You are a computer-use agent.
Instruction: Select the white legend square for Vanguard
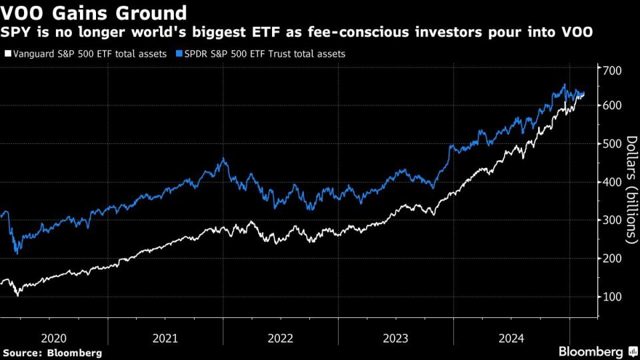(7, 53)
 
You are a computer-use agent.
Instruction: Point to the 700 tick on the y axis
(611, 70)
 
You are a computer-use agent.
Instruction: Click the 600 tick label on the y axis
(611, 105)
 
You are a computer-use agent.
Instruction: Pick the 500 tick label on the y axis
(611, 143)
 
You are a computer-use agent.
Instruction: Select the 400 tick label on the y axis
(611, 181)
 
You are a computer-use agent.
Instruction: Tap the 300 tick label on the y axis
(611, 220)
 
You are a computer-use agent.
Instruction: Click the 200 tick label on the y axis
(611, 258)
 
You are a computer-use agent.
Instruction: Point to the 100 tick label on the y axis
(611, 296)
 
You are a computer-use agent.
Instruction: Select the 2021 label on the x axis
(165, 337)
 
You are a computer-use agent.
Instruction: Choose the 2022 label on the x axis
(281, 337)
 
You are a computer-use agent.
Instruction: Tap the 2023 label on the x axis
(396, 337)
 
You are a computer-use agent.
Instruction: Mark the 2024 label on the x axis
(511, 337)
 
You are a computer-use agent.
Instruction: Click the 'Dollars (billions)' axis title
(631, 190)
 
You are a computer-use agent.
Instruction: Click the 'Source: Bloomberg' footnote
(53, 352)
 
